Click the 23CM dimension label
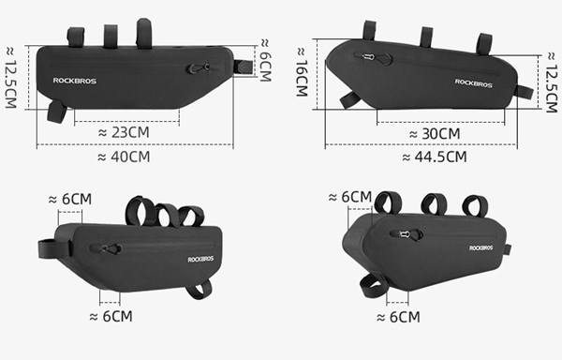tap(124, 132)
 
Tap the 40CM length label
tap(124, 157)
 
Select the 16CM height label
tap(302, 72)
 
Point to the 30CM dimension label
tap(435, 134)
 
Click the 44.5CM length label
tap(435, 157)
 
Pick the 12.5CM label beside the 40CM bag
tap(10, 78)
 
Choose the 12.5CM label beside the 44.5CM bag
tap(552, 82)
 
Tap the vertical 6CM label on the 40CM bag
tap(265, 60)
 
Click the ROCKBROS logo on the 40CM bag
tap(75, 81)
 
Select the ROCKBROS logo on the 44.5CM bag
tap(473, 83)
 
